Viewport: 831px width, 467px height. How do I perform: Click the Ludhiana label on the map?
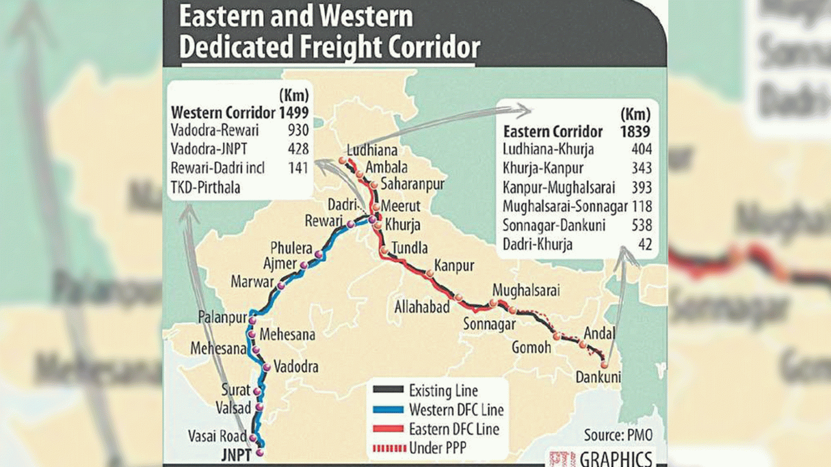coord(372,150)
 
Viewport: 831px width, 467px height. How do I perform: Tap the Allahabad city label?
coord(422,307)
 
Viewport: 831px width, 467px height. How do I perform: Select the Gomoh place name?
coord(531,348)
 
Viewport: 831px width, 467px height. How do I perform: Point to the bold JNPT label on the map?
coord(236,455)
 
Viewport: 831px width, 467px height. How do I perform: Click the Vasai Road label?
coord(217,436)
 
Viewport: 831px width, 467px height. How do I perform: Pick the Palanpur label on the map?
coord(222,317)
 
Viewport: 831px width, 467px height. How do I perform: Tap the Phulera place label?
coord(291,248)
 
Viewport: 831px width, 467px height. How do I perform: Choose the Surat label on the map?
coord(235,390)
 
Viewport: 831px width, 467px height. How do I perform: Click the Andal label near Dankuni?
coord(599,333)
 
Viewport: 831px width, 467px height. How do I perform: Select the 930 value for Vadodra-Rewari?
coord(298,130)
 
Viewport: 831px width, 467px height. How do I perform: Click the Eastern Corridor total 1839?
coord(635,132)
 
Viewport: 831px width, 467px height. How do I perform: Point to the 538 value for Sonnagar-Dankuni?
coord(642,225)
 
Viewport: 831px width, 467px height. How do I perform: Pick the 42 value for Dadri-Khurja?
coord(645,244)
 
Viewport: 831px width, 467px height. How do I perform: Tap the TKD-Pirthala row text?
coord(205,188)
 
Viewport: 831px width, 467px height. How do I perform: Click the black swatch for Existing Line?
coord(388,390)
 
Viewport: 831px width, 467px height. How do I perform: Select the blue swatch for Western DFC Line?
coord(388,410)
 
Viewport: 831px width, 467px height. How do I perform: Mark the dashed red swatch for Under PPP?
coord(388,448)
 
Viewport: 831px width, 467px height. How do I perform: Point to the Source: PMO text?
coord(618,435)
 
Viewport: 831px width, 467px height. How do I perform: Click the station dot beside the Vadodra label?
coord(266,368)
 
